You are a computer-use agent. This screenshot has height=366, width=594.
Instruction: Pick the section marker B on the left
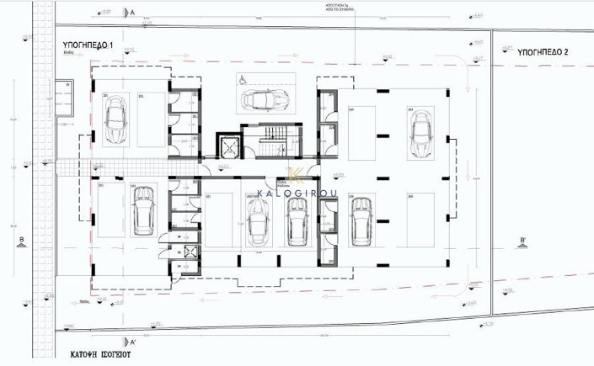(19, 241)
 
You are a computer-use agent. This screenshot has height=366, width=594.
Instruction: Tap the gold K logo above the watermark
(296, 175)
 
